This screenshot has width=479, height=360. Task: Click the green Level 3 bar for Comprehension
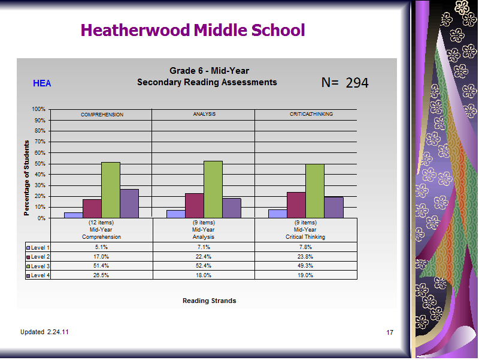(111, 190)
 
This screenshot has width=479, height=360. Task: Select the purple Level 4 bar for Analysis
(232, 208)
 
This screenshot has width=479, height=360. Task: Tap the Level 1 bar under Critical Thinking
(278, 214)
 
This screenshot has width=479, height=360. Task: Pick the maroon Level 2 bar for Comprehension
(92, 209)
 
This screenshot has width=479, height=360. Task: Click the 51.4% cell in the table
(101, 266)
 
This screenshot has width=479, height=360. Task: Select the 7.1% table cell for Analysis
(204, 247)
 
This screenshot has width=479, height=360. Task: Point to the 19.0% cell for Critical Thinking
(305, 275)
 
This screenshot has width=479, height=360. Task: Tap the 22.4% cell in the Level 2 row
(204, 257)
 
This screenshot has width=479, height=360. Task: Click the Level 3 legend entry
(38, 266)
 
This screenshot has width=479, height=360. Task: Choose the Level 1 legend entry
(38, 248)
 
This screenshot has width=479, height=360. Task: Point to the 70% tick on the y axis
(40, 142)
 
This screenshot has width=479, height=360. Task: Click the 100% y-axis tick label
(38, 109)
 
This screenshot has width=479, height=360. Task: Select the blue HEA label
(42, 83)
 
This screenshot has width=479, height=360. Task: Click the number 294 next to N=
(357, 83)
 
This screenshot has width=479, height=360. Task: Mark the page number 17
(390, 332)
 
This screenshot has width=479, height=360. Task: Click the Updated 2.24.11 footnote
(44, 332)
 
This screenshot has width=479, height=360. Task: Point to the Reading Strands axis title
(209, 301)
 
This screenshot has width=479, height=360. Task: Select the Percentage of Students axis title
(26, 178)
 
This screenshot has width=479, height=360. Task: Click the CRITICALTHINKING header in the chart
(311, 114)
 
